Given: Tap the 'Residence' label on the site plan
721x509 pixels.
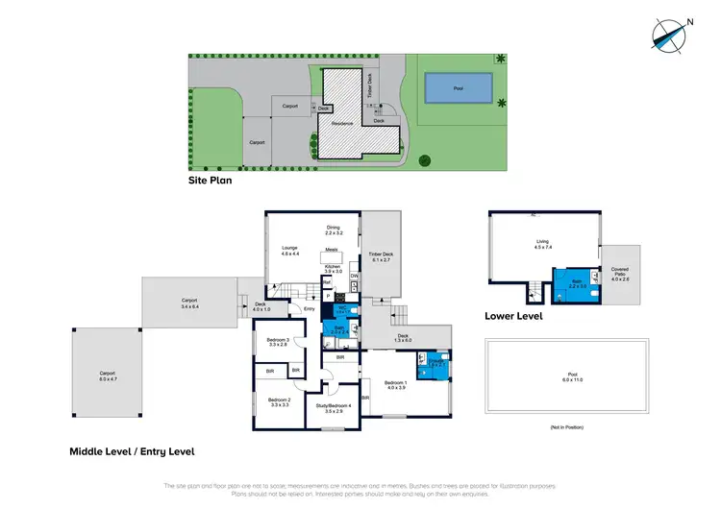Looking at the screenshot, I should tap(342, 123).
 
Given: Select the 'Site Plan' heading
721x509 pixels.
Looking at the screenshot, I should tap(211, 179).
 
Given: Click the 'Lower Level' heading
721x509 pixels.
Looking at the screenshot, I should tap(515, 315).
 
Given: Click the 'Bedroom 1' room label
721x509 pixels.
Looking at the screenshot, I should tap(394, 385).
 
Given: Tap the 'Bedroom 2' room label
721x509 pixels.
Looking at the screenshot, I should tap(279, 401).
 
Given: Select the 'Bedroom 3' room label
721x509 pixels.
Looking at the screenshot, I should tap(278, 342).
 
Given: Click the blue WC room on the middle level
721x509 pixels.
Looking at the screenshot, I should tap(341, 310).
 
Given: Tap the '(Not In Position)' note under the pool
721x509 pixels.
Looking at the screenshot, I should tap(569, 426).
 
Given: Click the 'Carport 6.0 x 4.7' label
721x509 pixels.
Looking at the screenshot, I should tap(107, 376).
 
